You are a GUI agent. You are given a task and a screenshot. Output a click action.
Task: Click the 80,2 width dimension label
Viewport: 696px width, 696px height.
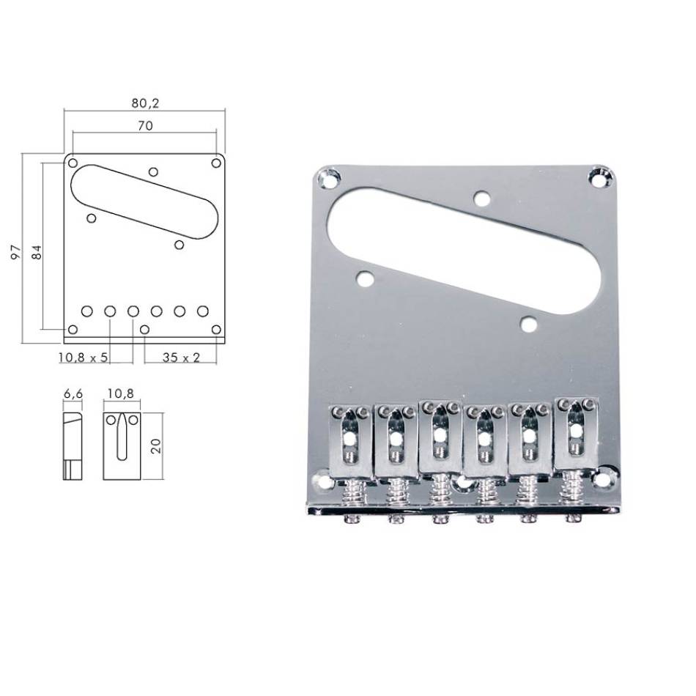point(145,103)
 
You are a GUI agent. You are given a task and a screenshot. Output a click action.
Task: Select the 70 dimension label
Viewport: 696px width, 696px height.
point(145,125)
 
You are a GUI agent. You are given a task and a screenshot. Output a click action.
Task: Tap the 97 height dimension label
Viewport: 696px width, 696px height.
point(16,252)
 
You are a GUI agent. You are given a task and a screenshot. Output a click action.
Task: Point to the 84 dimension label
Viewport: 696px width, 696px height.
point(37,252)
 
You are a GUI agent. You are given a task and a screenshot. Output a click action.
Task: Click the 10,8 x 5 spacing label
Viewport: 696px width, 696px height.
point(83,358)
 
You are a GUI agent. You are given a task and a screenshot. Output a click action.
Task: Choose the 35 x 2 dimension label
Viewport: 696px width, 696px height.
point(181,358)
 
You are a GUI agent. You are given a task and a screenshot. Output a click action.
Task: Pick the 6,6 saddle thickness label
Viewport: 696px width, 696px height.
point(73,393)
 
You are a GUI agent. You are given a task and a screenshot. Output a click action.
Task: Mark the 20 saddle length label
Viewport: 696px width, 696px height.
point(156,445)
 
